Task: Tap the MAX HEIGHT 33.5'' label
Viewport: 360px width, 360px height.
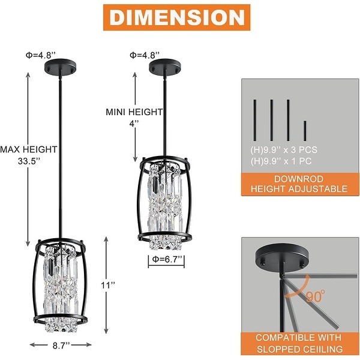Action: coord(28,155)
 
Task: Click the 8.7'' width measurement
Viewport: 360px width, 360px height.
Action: coord(60,345)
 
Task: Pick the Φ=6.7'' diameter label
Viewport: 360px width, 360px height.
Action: coord(166,261)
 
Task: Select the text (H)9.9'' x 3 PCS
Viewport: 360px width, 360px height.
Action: coord(280,150)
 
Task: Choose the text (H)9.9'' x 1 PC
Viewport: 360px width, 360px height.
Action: coord(277,161)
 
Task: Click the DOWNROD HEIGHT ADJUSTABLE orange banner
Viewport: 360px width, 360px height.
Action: coord(300,184)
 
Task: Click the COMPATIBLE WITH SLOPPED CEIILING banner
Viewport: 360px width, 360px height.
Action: coord(300,343)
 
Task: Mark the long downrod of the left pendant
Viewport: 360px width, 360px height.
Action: coord(61,150)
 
